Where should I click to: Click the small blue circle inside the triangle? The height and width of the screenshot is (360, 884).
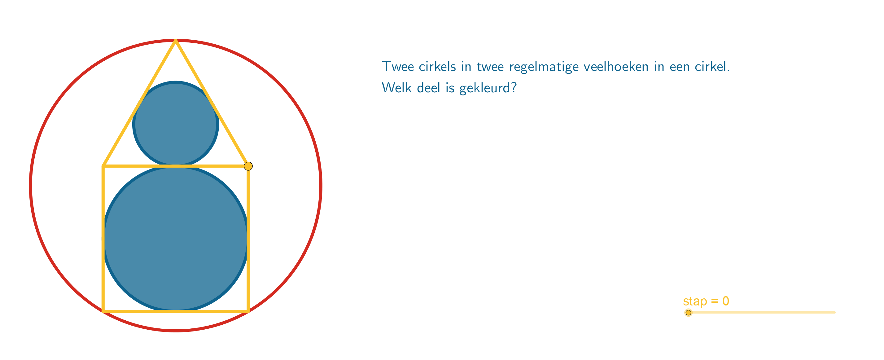[176, 124]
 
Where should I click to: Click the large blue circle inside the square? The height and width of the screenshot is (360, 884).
[176, 239]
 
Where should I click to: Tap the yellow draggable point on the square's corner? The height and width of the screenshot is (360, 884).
[248, 166]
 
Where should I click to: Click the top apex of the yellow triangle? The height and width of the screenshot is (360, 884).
[176, 41]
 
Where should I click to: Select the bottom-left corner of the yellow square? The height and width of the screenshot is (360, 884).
[103, 311]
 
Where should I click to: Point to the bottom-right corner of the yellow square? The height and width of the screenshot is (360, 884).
[248, 311]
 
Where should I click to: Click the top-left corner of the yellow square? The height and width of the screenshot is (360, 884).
[103, 166]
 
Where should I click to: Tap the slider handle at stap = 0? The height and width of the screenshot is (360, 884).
[688, 313]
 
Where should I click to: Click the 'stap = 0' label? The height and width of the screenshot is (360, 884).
[706, 301]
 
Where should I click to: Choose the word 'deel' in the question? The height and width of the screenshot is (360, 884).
[428, 88]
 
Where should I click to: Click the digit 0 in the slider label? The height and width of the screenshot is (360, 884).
[726, 301]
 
